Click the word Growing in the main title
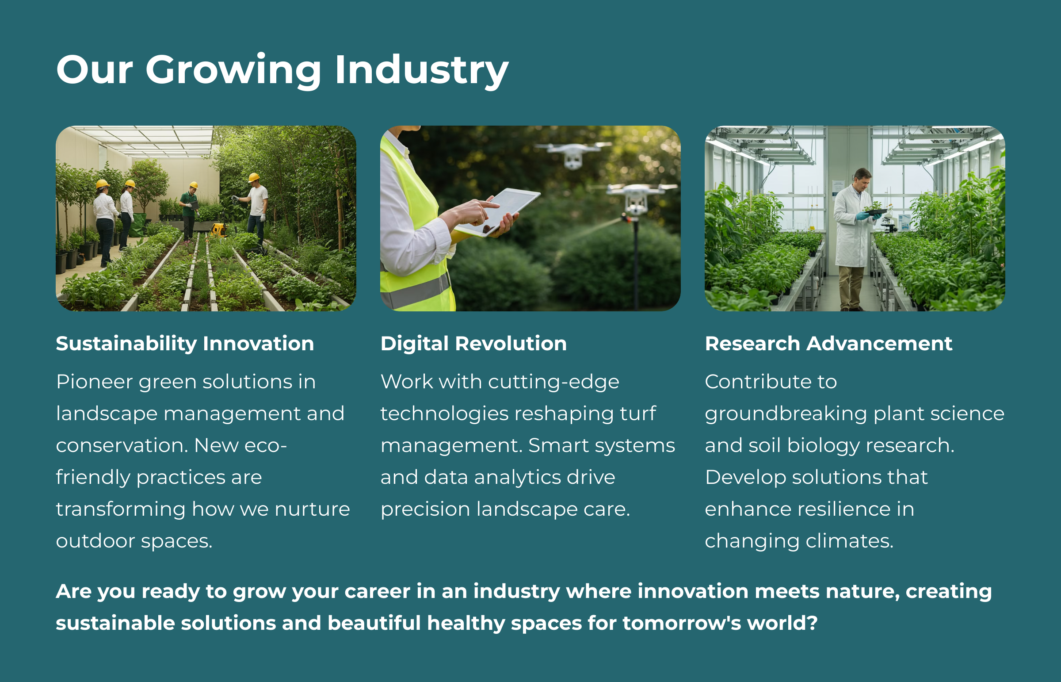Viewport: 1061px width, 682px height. (x=233, y=71)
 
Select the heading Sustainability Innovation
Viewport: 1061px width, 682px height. (x=185, y=344)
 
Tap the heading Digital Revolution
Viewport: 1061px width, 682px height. (x=473, y=344)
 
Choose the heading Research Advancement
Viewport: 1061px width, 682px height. (x=828, y=344)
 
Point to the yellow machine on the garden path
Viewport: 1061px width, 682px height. (x=218, y=230)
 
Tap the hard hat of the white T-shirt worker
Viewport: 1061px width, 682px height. (x=254, y=178)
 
